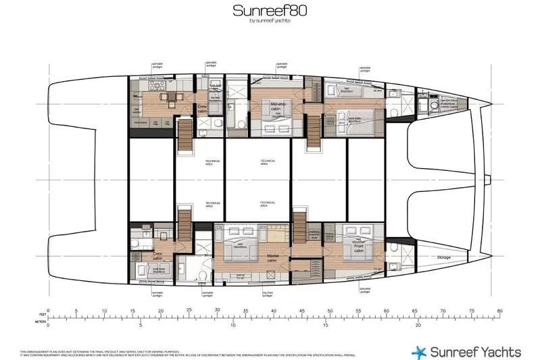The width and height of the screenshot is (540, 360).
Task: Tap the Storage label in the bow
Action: pyautogui.click(x=443, y=258)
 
